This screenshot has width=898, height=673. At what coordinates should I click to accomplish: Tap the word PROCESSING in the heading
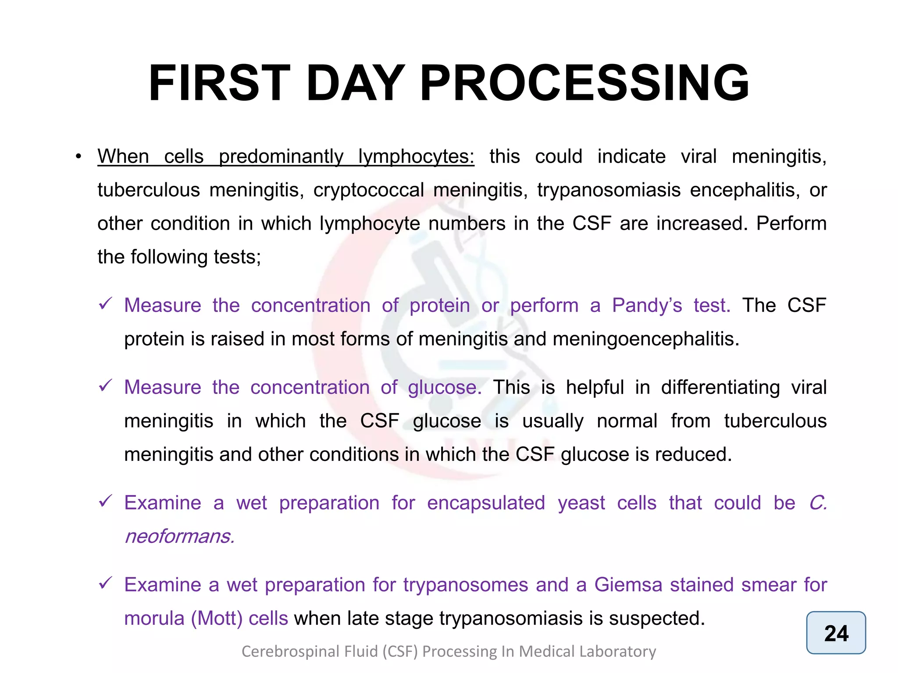[584, 83]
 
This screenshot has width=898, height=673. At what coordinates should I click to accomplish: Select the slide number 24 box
[836, 633]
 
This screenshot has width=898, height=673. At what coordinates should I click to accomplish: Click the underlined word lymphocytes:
[416, 157]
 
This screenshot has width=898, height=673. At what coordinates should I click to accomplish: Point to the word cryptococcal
[368, 190]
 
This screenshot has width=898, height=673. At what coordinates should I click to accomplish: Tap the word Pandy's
[647, 305]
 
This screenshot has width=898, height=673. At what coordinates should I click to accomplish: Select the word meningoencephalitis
[646, 339]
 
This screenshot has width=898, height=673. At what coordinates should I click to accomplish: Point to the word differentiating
[720, 387]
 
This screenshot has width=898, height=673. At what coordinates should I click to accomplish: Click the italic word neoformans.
[179, 536]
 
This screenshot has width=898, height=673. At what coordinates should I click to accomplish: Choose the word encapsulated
[486, 503]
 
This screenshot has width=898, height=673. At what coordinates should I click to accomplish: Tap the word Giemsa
[628, 585]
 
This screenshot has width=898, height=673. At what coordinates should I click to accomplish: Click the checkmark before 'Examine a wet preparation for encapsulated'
[106, 501]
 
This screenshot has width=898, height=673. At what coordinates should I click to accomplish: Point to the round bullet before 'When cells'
[78, 157]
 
